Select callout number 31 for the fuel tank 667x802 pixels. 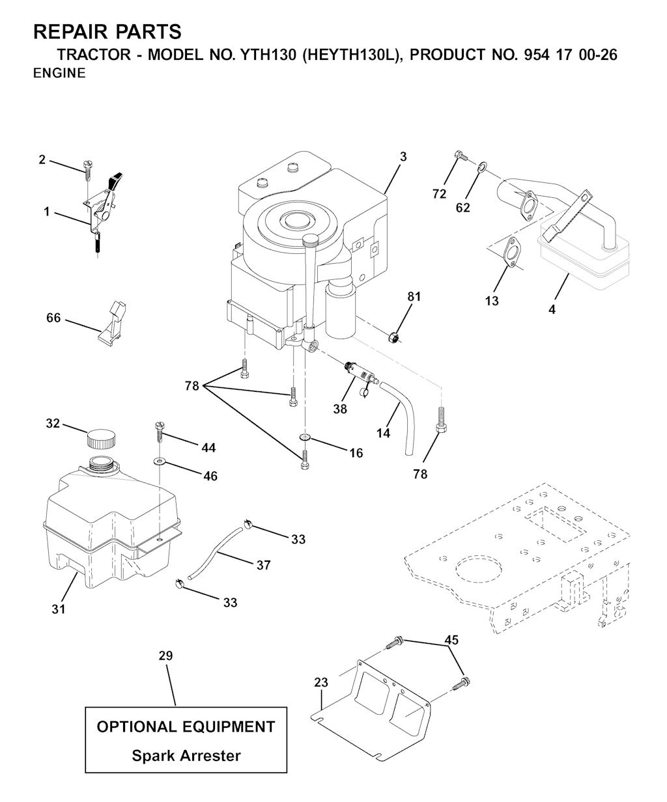pyautogui.click(x=59, y=609)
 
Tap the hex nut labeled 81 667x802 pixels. pyautogui.click(x=393, y=337)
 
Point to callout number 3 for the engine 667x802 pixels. pyautogui.click(x=403, y=156)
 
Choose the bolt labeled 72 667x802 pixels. pyautogui.click(x=460, y=157)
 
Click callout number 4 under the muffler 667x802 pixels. pyautogui.click(x=552, y=310)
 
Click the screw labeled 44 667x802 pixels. pyautogui.click(x=160, y=429)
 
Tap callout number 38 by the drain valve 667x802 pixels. pyautogui.click(x=339, y=409)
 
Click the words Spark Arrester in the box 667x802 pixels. pyautogui.click(x=186, y=756)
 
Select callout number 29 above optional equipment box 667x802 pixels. pyautogui.click(x=165, y=656)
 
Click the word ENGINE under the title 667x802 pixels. pyautogui.click(x=59, y=74)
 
